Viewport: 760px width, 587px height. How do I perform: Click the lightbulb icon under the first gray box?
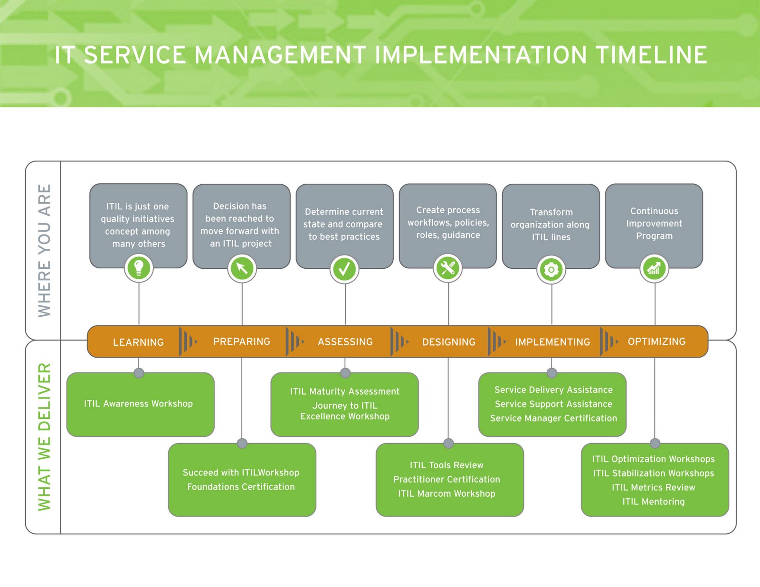[139, 268]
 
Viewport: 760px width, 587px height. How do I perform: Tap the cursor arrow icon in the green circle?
[242, 268]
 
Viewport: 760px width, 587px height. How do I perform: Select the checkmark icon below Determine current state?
[345, 269]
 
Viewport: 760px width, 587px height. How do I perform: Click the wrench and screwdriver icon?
[448, 268]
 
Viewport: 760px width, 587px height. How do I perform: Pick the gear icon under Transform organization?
[551, 270]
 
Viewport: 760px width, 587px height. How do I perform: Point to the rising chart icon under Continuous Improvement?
[654, 269]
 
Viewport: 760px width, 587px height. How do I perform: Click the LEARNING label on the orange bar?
[138, 342]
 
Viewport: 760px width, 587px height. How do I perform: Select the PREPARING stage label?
[241, 341]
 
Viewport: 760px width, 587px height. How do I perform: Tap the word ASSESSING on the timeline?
[345, 341]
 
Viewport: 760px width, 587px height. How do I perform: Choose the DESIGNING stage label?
[448, 342]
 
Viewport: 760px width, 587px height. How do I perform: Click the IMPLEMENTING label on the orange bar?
[552, 342]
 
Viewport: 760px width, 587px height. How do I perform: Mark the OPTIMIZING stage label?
[656, 341]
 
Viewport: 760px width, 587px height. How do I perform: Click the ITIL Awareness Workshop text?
[138, 404]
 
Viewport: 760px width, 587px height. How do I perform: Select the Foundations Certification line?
[241, 487]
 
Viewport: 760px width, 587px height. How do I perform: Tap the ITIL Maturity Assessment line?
[345, 391]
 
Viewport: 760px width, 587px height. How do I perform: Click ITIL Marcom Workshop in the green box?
[446, 493]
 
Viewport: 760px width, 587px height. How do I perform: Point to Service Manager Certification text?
[553, 418]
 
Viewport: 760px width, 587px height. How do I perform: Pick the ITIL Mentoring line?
[654, 502]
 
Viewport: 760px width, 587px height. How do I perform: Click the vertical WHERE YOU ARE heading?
[44, 250]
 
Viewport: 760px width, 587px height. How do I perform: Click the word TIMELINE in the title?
[651, 55]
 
